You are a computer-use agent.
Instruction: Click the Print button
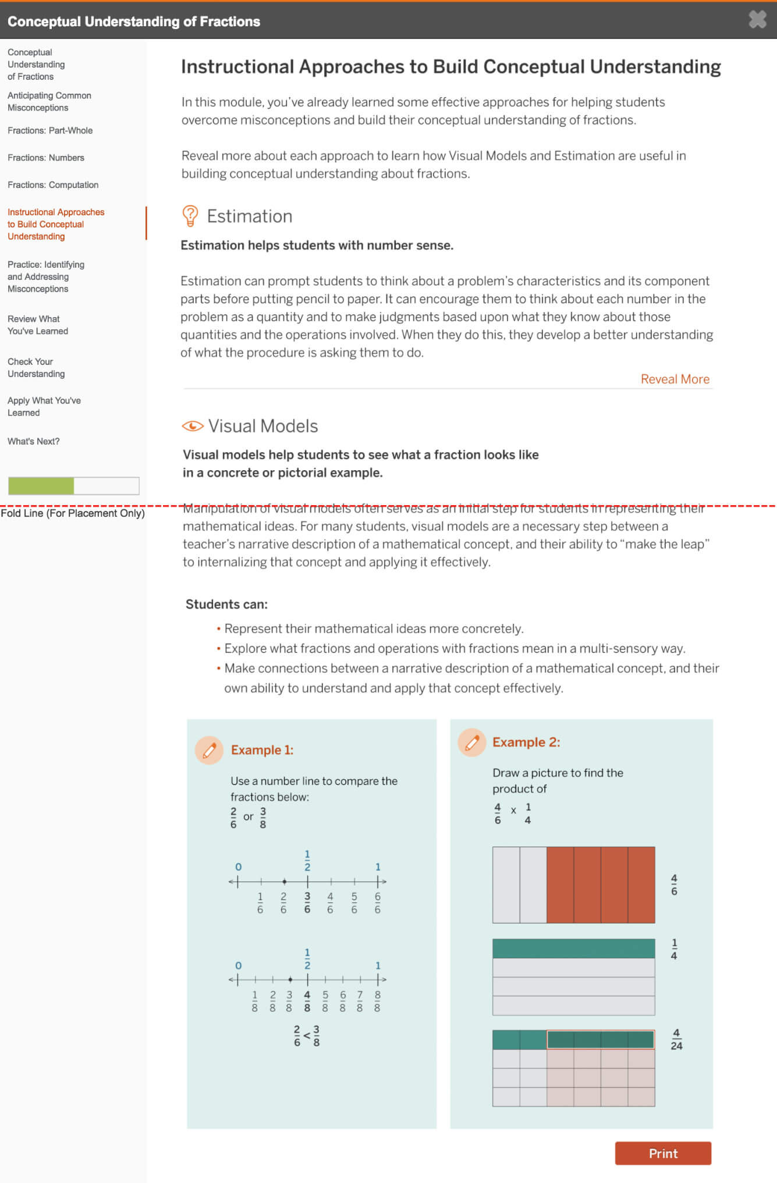tap(663, 1153)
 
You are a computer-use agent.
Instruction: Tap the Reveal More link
tap(675, 379)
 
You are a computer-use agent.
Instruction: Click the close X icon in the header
tap(757, 20)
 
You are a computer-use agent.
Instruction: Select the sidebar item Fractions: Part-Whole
tap(50, 130)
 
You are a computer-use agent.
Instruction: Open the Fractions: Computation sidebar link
tap(53, 185)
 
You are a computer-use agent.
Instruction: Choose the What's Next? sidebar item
tap(34, 442)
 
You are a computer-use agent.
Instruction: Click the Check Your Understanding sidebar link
tap(36, 368)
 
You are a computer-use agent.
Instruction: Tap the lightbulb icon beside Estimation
tap(190, 216)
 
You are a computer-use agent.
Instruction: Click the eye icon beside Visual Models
tap(193, 426)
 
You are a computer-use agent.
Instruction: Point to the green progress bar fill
tap(41, 486)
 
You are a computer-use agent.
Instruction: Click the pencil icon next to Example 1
tap(210, 749)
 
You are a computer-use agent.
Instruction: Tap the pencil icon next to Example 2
tap(472, 742)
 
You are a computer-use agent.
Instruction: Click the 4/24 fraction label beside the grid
tap(676, 1040)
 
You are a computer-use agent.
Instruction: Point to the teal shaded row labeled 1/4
tap(573, 948)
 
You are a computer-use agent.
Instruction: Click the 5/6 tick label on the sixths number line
tap(354, 903)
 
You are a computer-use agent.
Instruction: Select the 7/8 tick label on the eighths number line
tap(360, 1001)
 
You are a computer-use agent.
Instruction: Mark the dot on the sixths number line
tap(284, 882)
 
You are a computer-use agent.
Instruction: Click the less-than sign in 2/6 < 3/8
tap(307, 1036)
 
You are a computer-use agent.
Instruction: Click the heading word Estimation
tap(250, 216)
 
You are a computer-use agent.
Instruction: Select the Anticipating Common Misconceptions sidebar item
tap(49, 102)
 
